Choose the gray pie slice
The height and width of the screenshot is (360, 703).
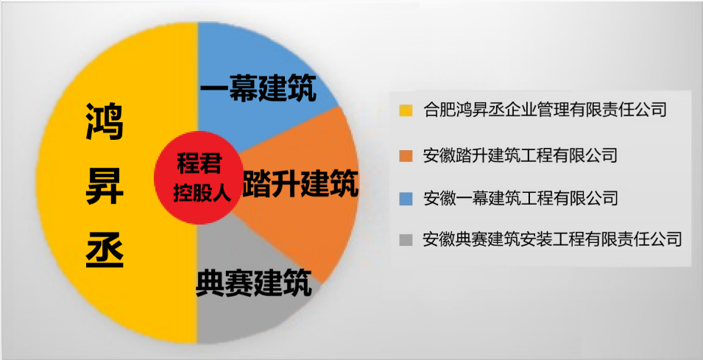(243, 317)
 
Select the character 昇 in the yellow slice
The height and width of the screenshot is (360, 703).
(104, 187)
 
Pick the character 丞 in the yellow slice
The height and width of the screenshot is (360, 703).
(104, 250)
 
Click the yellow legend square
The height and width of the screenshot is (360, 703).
(406, 111)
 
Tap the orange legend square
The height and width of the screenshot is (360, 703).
(406, 156)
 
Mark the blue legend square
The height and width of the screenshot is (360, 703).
(406, 199)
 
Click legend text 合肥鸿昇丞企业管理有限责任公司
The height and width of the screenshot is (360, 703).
(545, 111)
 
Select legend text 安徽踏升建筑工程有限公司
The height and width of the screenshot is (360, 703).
(520, 155)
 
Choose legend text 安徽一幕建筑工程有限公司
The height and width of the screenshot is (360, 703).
(520, 198)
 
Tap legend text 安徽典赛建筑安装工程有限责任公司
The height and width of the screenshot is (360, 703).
(553, 240)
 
